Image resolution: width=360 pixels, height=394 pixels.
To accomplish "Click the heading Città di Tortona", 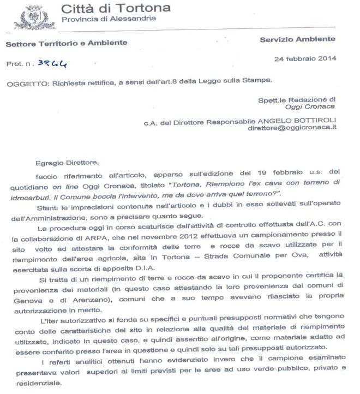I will coord(116,8).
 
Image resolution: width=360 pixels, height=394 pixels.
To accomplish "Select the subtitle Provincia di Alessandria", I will coord(109,19).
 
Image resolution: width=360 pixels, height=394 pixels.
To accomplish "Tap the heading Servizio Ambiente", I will coord(297,39).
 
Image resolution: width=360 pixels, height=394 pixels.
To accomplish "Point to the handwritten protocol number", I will coord(52,63).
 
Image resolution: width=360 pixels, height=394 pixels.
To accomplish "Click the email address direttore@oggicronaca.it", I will coord(292,127).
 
